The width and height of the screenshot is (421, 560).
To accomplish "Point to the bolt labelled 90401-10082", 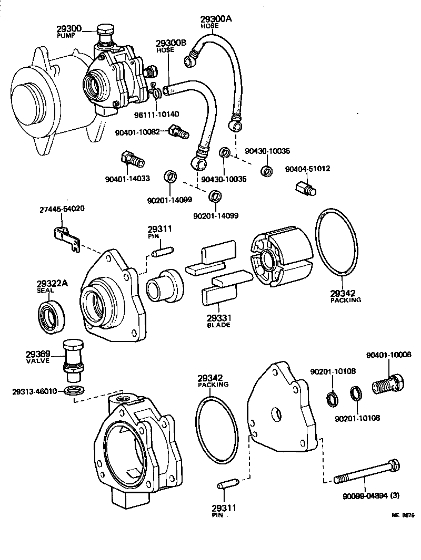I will click(178, 132).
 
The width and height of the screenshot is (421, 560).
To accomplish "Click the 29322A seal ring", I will click(52, 317).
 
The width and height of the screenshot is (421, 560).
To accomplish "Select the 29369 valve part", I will click(72, 359).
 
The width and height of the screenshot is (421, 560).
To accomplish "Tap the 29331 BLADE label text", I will click(218, 322).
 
